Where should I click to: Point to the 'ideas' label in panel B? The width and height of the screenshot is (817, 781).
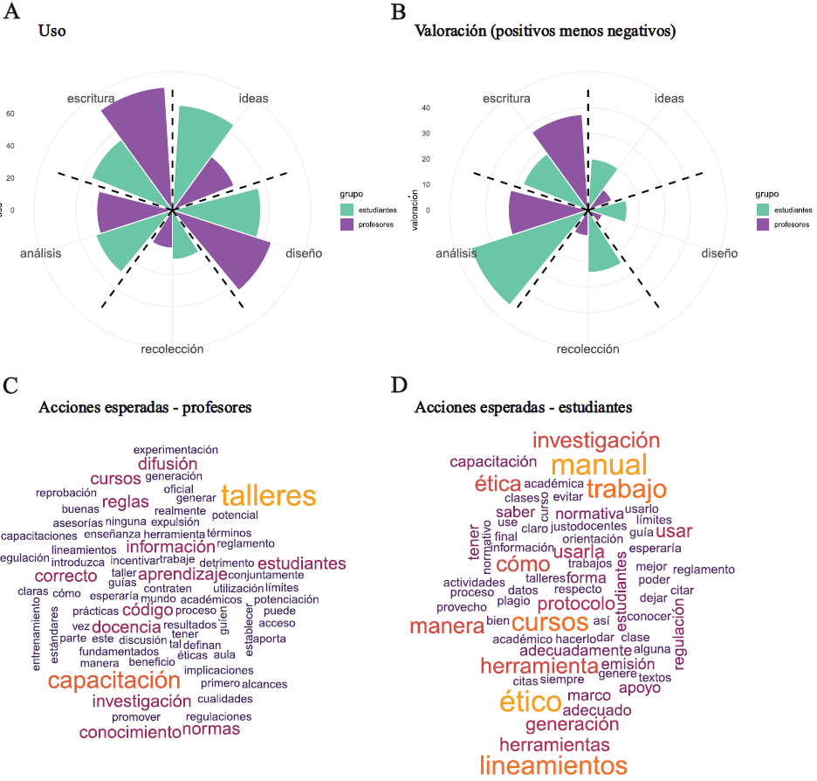pyautogui.click(x=669, y=99)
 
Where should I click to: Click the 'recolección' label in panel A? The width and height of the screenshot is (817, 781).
pyautogui.click(x=172, y=349)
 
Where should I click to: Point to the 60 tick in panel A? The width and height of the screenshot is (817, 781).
pyautogui.click(x=11, y=114)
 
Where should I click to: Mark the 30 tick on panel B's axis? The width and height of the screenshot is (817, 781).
pyautogui.click(x=426, y=134)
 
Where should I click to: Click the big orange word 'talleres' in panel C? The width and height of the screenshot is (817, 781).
pyautogui.click(x=268, y=496)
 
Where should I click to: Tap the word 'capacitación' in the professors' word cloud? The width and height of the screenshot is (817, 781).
pyautogui.click(x=113, y=681)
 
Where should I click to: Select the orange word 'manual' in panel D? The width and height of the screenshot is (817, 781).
pyautogui.click(x=599, y=464)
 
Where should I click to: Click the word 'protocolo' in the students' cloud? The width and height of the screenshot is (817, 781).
pyautogui.click(x=575, y=604)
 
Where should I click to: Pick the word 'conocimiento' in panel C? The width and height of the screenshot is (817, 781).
pyautogui.click(x=129, y=732)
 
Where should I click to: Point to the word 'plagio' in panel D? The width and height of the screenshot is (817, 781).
pyautogui.click(x=513, y=600)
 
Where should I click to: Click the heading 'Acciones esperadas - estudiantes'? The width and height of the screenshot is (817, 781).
pyautogui.click(x=524, y=407)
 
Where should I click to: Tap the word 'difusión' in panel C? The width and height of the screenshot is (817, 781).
pyautogui.click(x=167, y=464)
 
